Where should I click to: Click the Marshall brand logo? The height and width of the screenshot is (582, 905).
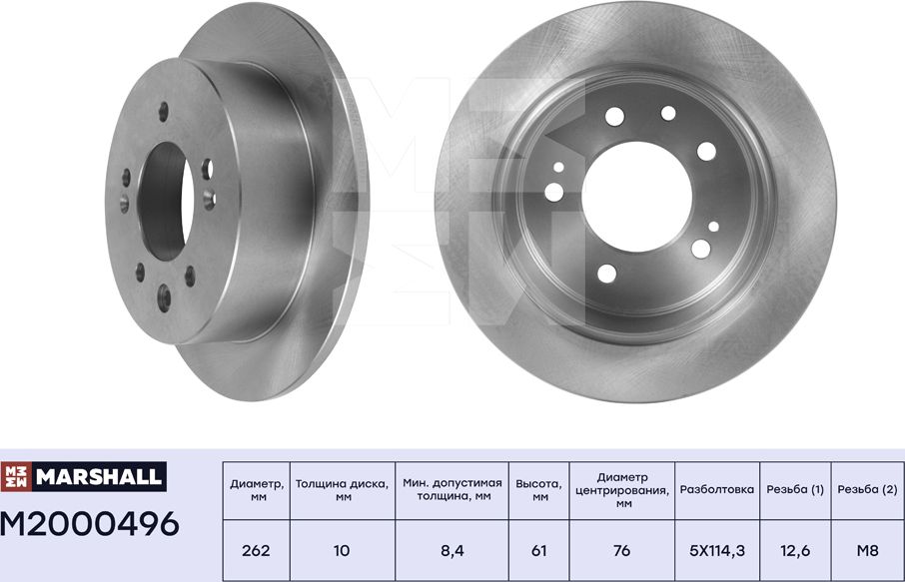click(84, 476)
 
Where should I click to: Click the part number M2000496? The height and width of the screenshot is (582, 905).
click(90, 524)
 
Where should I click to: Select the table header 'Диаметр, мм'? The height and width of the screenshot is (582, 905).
click(257, 490)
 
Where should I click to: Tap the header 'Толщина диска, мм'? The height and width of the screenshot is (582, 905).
click(343, 490)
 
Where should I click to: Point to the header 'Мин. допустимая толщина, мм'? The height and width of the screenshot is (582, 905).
click(452, 489)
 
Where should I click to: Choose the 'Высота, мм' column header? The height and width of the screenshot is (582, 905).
click(539, 490)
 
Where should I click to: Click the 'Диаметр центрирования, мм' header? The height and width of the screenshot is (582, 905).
click(622, 490)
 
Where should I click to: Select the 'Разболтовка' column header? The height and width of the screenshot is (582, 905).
click(717, 490)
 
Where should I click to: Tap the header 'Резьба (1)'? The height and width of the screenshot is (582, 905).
click(795, 490)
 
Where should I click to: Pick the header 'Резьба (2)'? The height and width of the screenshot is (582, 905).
click(867, 490)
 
